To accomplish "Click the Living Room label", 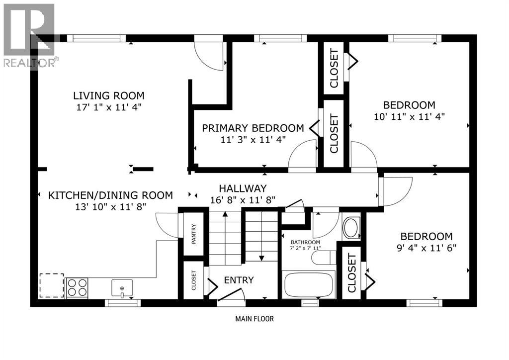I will pyautogui.click(x=109, y=95).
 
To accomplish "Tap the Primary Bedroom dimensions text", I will pyautogui.click(x=253, y=140).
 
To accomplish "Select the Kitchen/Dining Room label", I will pyautogui.click(x=110, y=195).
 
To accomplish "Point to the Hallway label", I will pyautogui.click(x=243, y=188).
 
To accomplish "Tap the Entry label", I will pyautogui.click(x=239, y=280).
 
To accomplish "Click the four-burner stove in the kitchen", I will pyautogui.click(x=77, y=287).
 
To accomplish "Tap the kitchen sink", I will pyautogui.click(x=122, y=287).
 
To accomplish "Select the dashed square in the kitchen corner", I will pyautogui.click(x=52, y=285).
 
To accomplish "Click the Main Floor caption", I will pyautogui.click(x=254, y=319).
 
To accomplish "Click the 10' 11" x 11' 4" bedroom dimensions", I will pyautogui.click(x=409, y=116).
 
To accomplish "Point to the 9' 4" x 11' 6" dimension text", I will pyautogui.click(x=426, y=247).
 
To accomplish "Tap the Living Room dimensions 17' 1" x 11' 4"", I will pyautogui.click(x=109, y=107).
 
